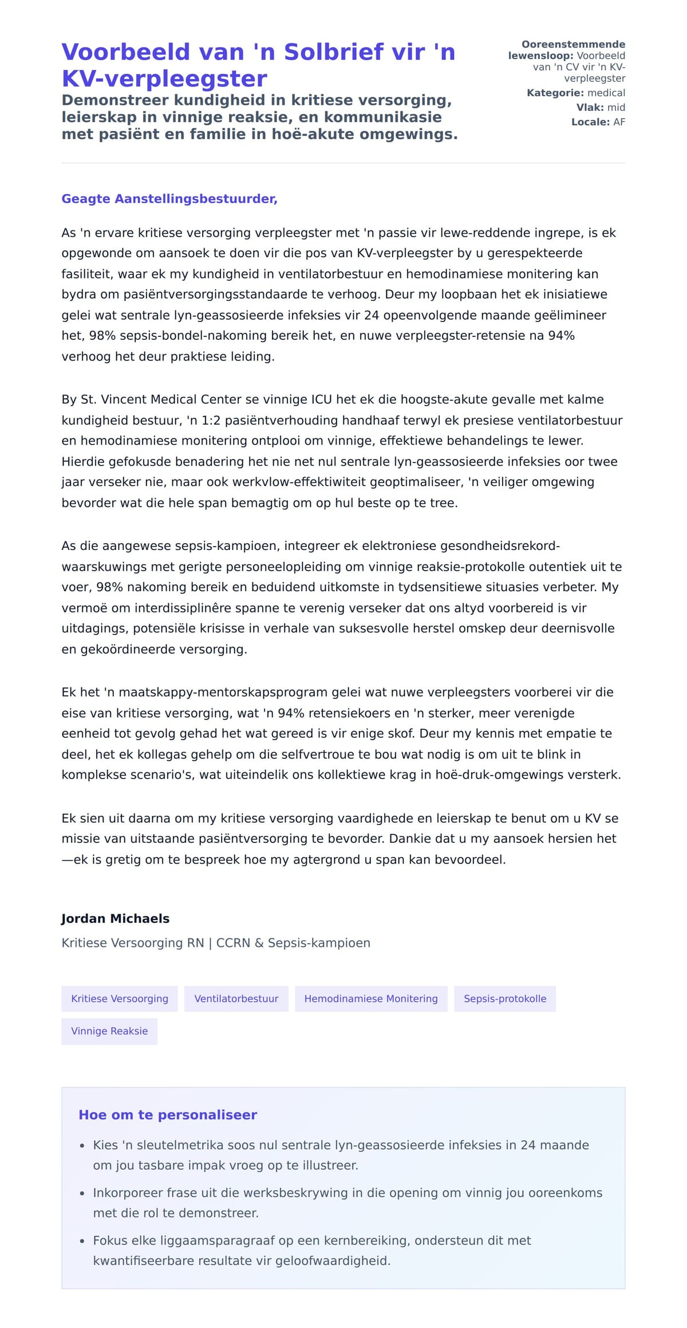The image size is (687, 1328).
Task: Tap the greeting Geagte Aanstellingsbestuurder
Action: coord(169,199)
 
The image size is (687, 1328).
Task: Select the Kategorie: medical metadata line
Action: coord(575,93)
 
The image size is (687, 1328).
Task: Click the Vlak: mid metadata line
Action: coord(600,107)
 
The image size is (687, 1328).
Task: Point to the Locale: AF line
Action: coord(598,122)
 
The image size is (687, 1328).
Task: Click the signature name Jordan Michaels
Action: coord(115,918)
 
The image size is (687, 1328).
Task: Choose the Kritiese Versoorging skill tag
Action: coord(120,999)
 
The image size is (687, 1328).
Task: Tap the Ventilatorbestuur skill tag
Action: coord(236,999)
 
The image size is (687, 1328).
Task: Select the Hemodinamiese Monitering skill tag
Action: coord(370,999)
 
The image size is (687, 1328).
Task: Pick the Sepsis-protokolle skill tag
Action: coord(504,999)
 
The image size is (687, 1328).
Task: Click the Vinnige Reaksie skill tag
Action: coord(109,1031)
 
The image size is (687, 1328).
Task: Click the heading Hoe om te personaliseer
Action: coord(168,1114)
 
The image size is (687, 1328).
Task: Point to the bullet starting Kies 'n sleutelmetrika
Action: coord(341,1155)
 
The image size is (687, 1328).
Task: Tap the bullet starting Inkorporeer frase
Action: coord(347,1203)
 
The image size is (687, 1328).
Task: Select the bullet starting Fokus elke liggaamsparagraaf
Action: coord(312,1250)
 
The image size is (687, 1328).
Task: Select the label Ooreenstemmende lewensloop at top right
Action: coord(567,50)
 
